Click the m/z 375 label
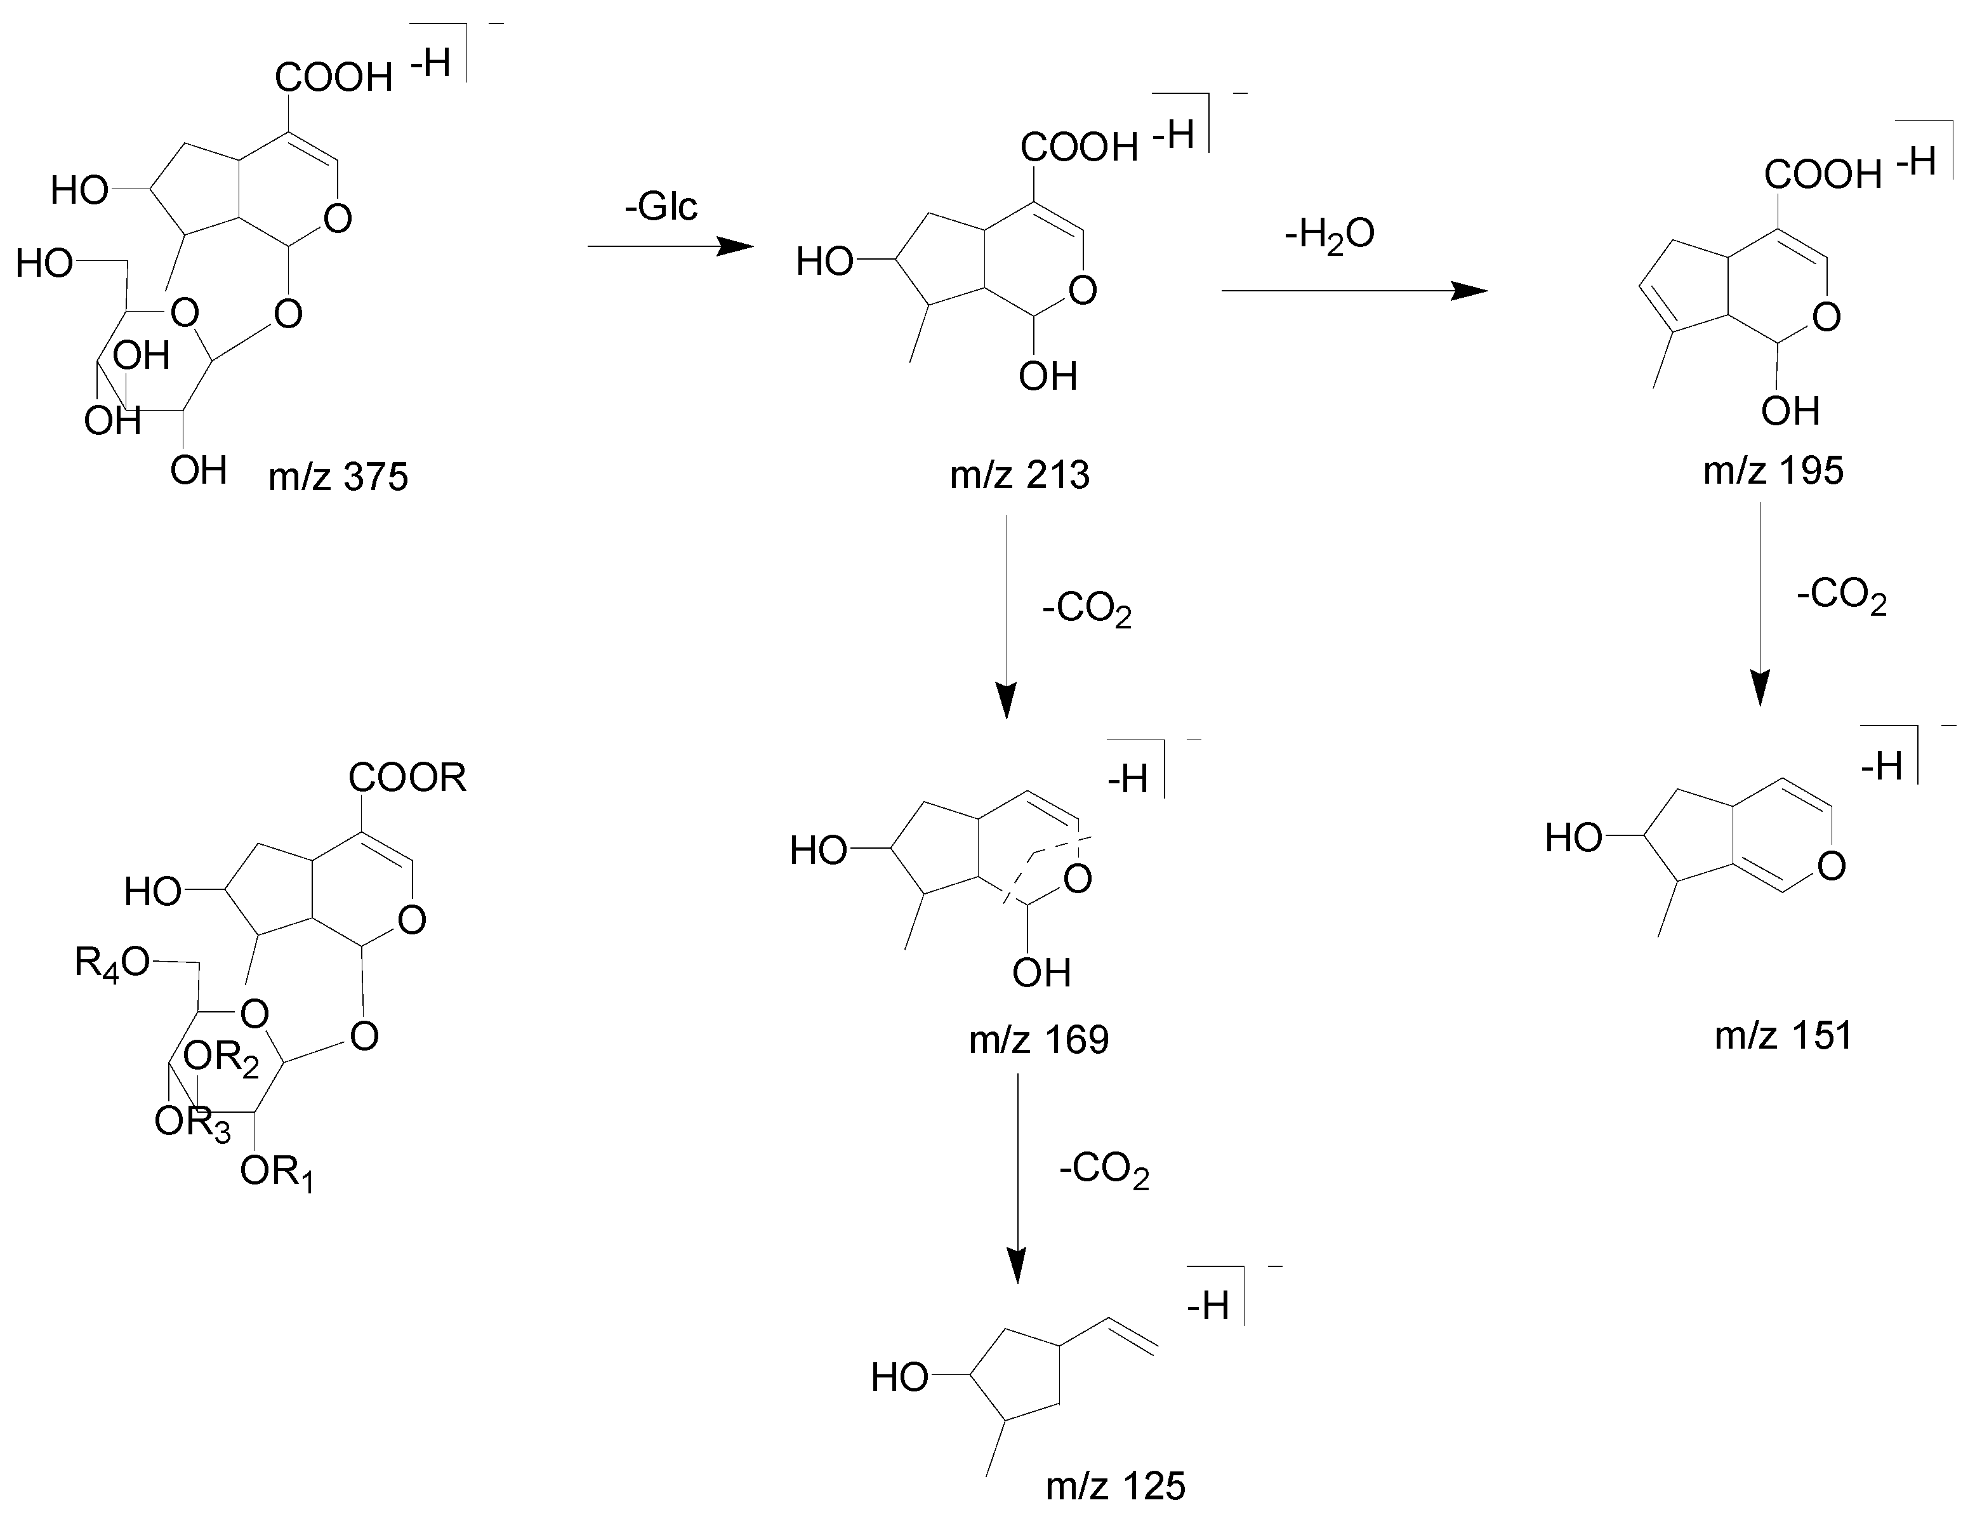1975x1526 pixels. click(x=338, y=477)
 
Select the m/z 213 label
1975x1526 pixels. click(x=1019, y=475)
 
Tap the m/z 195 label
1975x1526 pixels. click(x=1773, y=470)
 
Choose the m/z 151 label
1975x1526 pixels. click(x=1783, y=1035)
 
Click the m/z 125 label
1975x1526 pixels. click(x=1115, y=1486)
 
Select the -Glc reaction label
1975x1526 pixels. click(x=661, y=207)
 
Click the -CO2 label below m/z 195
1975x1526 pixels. click(x=1841, y=598)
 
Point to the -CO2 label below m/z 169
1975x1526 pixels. click(x=1104, y=1173)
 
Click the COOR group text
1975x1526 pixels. click(x=408, y=777)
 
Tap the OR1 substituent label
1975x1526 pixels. click(x=277, y=1173)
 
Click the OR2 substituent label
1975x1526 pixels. click(x=221, y=1058)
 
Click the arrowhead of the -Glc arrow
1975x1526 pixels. click(x=736, y=246)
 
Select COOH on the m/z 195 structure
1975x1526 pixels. click(x=1823, y=174)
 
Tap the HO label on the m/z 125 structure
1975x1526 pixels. click(x=900, y=1377)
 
